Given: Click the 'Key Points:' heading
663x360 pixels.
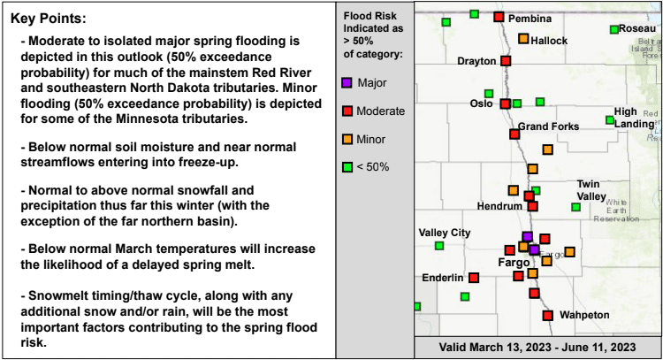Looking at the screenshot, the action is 48,19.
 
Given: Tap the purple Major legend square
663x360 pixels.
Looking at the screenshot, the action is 347,82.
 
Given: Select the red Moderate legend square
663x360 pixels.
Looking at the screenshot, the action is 347,111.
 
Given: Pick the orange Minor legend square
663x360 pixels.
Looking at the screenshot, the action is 347,139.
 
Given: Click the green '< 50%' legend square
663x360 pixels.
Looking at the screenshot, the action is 347,167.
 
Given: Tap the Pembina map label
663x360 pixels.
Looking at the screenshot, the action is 530,19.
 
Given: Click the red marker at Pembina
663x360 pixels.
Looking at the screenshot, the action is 499,17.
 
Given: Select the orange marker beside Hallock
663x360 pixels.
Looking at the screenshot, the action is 523,39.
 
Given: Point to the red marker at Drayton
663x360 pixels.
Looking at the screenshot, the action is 506,61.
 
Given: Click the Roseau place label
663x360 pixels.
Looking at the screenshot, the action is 637,29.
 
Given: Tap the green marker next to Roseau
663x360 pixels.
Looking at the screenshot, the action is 614,29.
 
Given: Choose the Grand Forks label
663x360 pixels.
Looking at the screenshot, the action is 548,126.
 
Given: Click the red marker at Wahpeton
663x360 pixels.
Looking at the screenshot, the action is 548,316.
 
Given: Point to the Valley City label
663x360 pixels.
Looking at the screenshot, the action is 445,233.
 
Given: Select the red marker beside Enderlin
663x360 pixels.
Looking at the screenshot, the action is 474,278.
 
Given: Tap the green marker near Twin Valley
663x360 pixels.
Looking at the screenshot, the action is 575,207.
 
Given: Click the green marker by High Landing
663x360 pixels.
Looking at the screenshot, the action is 610,120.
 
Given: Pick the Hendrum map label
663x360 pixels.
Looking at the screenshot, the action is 499,206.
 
